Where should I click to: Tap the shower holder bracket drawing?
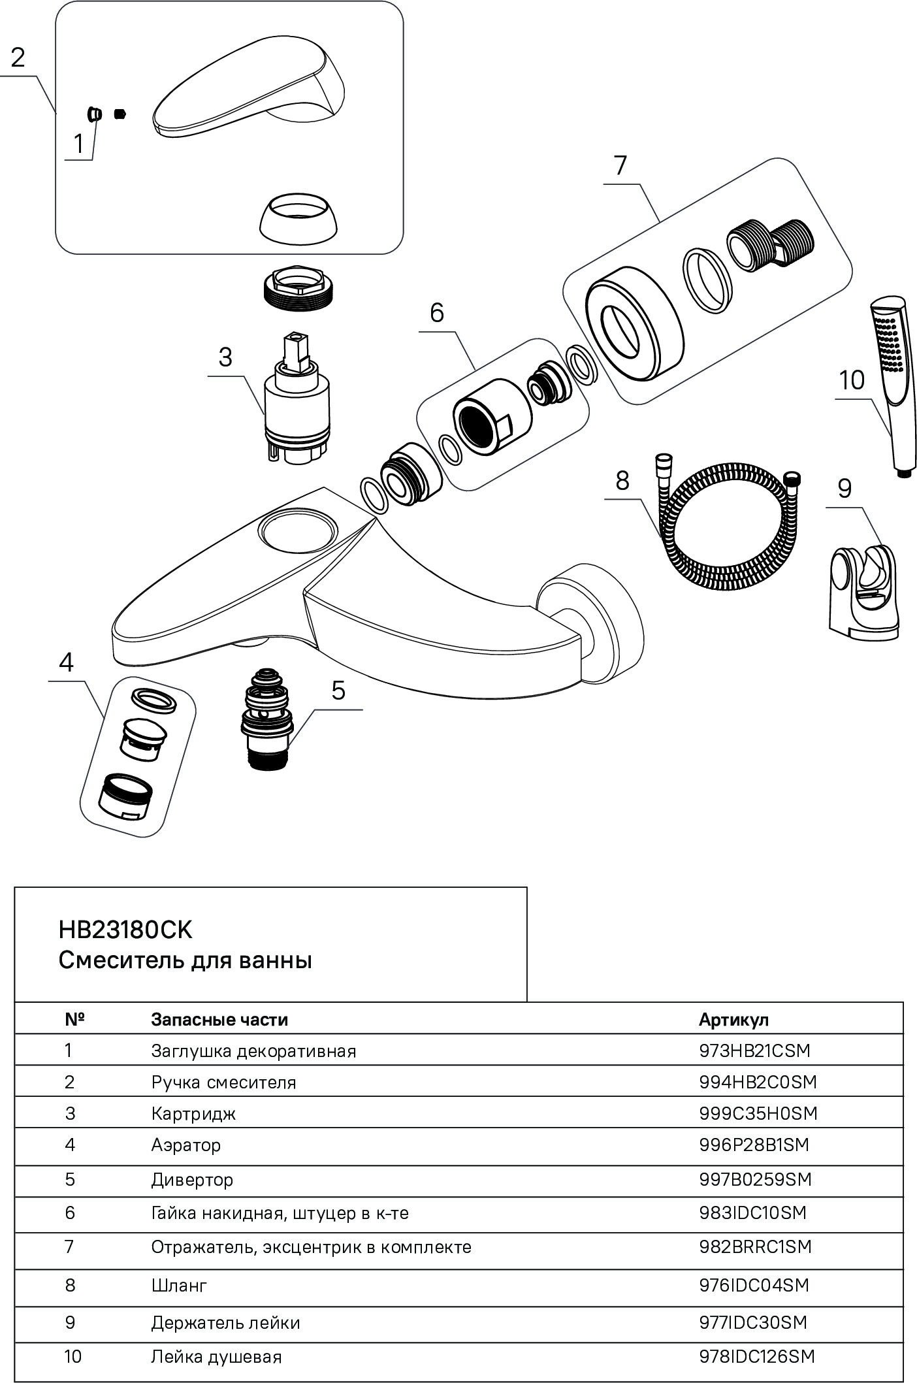(863, 587)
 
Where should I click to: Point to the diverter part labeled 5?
(267, 718)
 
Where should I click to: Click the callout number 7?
(620, 165)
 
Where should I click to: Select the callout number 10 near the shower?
(851, 380)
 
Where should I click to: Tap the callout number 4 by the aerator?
(66, 662)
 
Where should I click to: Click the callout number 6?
(436, 313)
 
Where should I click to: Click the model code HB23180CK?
(125, 930)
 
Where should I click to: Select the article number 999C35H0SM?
(758, 1113)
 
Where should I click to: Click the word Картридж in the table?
(193, 1113)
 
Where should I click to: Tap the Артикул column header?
(733, 1019)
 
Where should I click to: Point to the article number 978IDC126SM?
(756, 1356)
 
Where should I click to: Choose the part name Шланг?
(179, 1285)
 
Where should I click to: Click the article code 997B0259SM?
(755, 1179)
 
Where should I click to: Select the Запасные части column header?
(219, 1019)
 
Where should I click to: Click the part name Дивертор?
(192, 1180)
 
